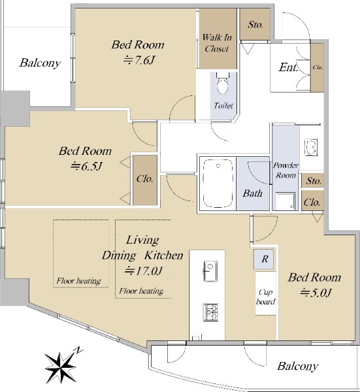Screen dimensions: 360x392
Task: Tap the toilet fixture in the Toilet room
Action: click(223, 83)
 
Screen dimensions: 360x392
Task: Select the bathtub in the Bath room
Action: click(218, 183)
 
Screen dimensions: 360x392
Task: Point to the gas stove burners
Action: click(210, 312)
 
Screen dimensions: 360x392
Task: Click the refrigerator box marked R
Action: click(265, 259)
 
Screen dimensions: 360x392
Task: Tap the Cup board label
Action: click(265, 297)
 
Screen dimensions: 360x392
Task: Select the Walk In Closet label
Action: click(217, 42)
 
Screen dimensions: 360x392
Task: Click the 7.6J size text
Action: click(139, 60)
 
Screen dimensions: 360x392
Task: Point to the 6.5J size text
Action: click(86, 166)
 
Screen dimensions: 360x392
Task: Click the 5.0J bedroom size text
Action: click(316, 293)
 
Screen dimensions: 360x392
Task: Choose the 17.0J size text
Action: click(144, 270)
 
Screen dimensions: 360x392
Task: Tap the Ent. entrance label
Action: click(288, 67)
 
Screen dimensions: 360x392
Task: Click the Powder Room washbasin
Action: click(311, 148)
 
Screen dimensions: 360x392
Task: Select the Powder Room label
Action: click(286, 171)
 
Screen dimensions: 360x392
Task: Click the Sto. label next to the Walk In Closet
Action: click(255, 25)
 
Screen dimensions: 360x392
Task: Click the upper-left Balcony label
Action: click(40, 63)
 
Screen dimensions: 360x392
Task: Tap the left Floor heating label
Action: click(78, 281)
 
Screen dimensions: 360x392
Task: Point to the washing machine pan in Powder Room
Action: click(286, 201)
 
